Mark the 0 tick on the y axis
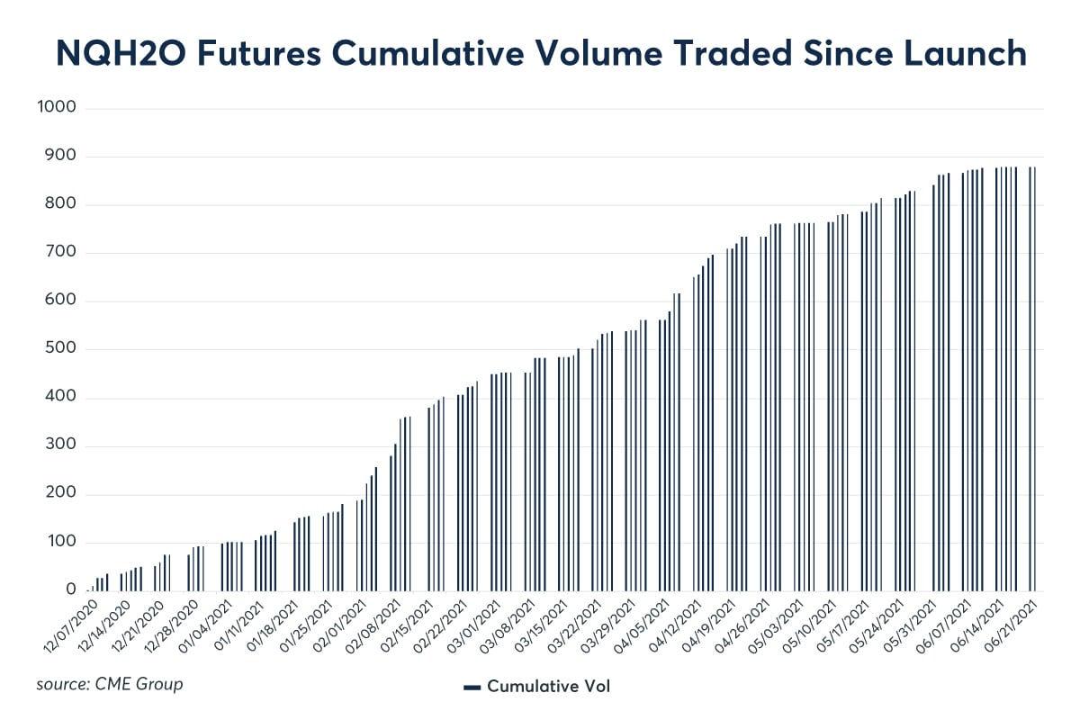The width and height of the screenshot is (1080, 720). pyautogui.click(x=69, y=590)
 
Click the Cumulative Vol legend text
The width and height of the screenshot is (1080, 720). pyautogui.click(x=549, y=686)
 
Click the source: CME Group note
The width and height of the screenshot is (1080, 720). pyautogui.click(x=110, y=684)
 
